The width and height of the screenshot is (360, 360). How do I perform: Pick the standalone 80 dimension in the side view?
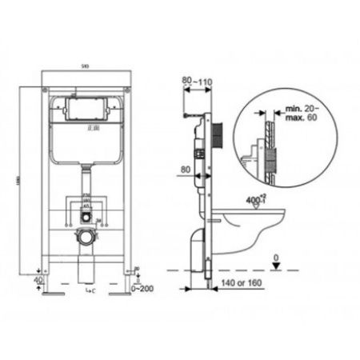(x=186, y=170)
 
